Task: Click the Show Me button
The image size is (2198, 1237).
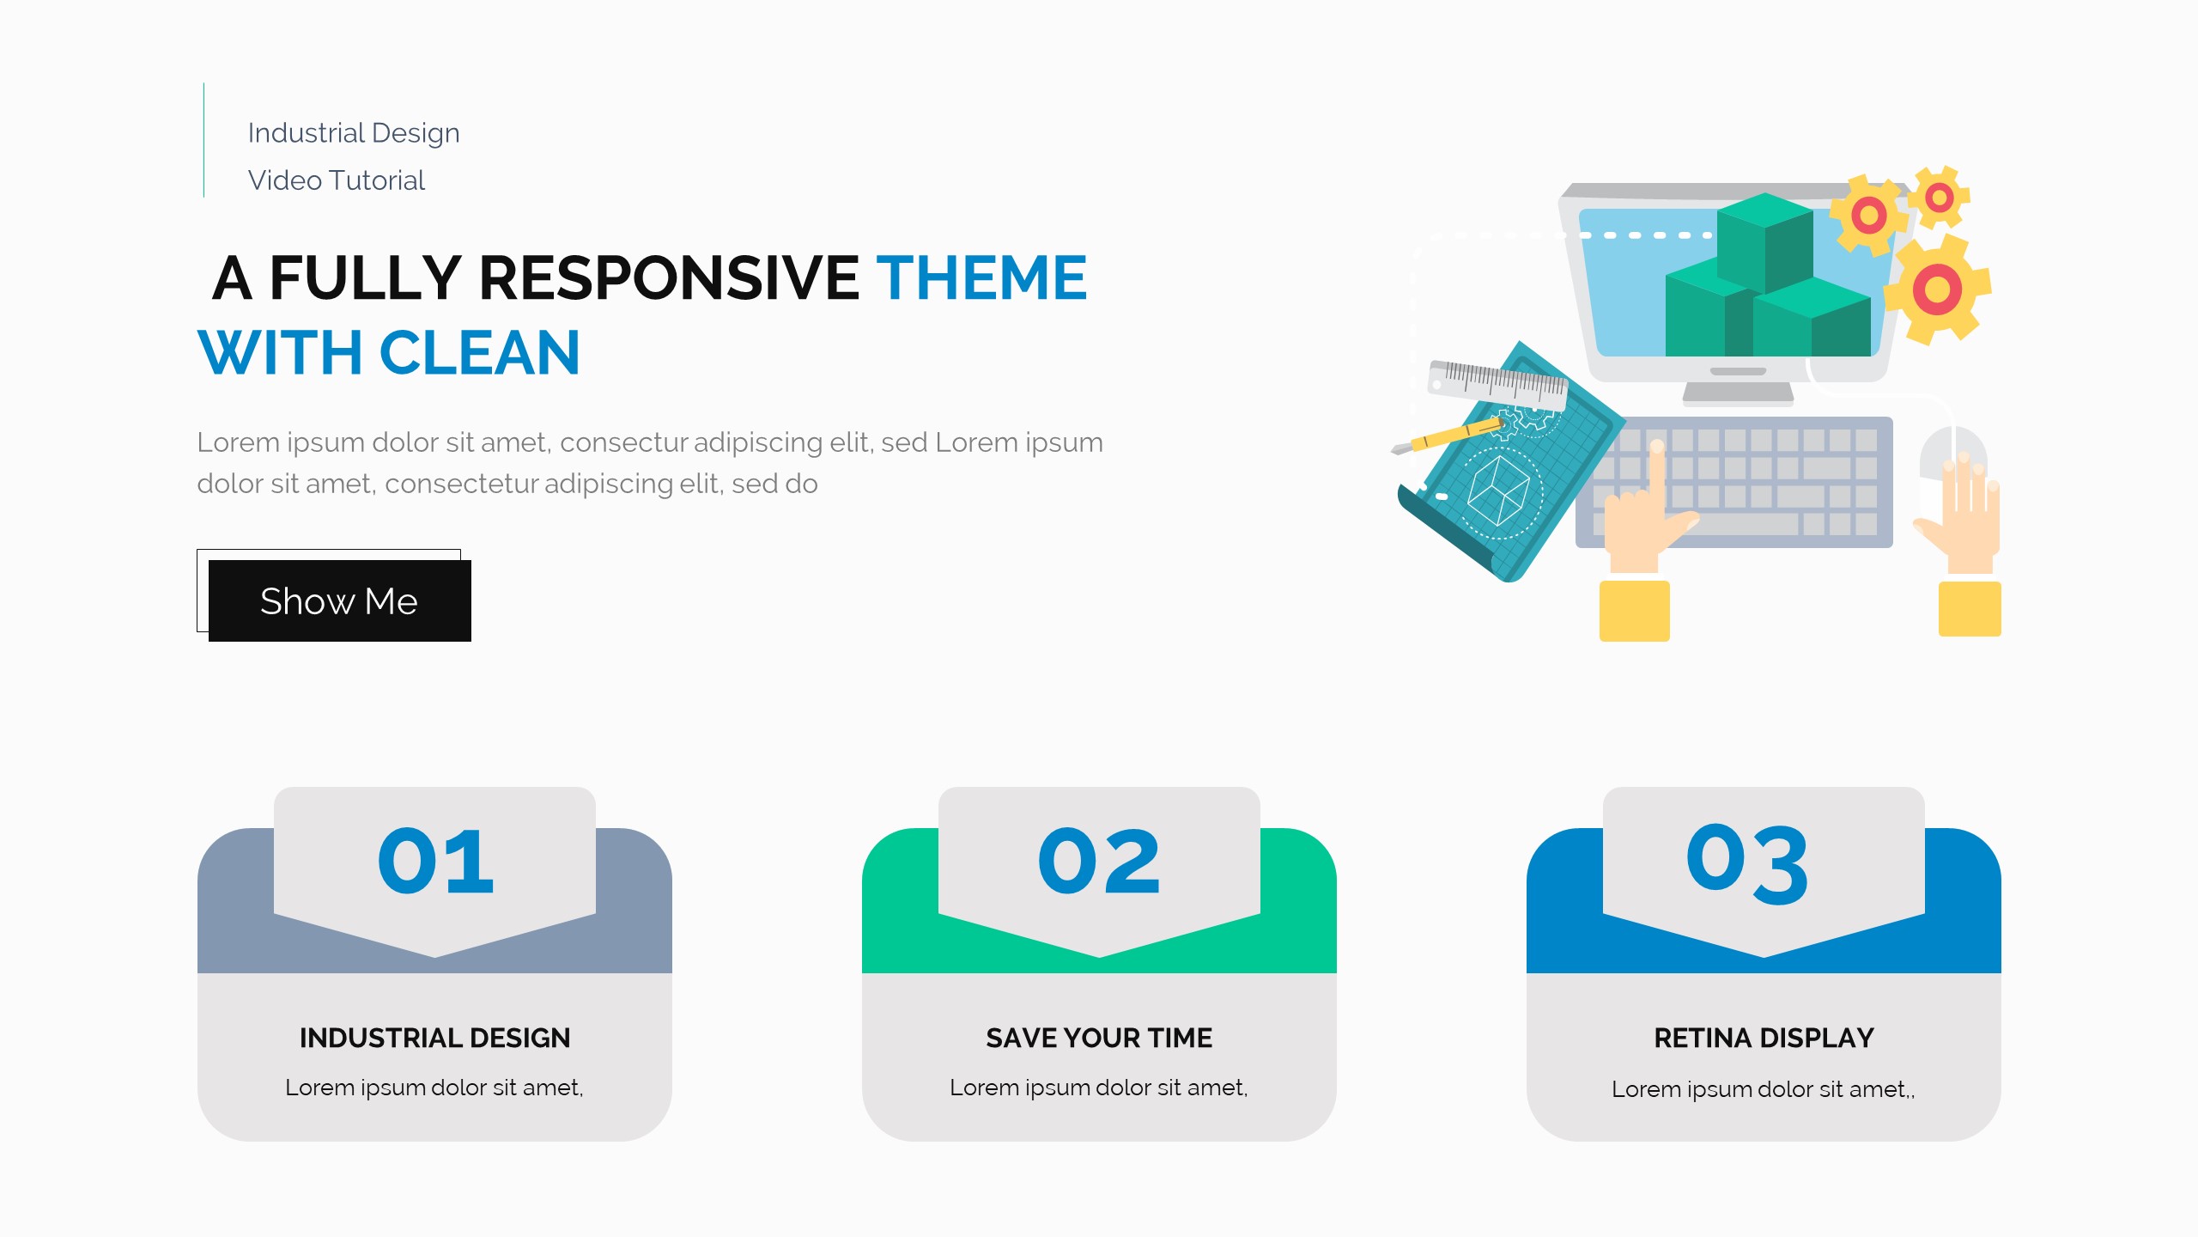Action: tap(339, 600)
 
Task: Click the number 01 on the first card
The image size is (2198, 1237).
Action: tap(435, 862)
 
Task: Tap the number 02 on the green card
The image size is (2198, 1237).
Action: tap(1099, 862)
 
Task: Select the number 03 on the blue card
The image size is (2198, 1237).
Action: tap(1747, 863)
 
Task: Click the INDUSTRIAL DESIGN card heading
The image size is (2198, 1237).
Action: tap(434, 1038)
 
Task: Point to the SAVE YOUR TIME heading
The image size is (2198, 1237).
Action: tap(1099, 1038)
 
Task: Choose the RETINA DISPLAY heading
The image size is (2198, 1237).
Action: tap(1764, 1038)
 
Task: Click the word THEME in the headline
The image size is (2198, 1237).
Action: tap(981, 277)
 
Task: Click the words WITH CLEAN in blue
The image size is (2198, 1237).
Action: tap(389, 353)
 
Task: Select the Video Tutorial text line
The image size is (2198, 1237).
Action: tap(336, 180)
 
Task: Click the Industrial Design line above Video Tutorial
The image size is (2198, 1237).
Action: tap(354, 133)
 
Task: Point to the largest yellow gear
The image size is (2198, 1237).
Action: tap(1938, 289)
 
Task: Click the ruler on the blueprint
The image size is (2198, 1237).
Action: tap(1497, 384)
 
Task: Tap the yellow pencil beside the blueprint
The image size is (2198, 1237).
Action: tap(1447, 437)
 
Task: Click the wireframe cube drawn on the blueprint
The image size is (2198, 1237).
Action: tap(1498, 489)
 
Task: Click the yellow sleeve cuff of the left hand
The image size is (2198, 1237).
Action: tap(1634, 611)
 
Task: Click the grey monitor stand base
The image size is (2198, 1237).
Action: tap(1738, 393)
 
